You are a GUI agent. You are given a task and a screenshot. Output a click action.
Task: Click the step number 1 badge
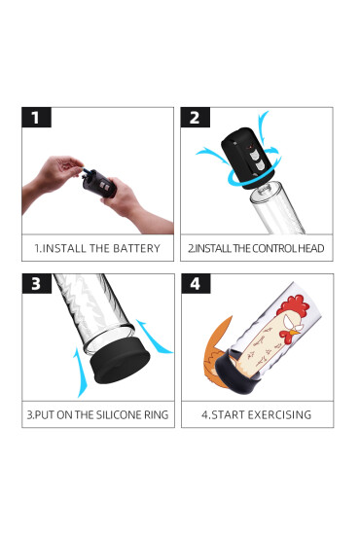click(x=36, y=119)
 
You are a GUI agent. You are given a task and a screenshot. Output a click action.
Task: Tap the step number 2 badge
click(x=194, y=119)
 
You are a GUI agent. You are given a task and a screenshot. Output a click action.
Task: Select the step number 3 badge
click(x=36, y=285)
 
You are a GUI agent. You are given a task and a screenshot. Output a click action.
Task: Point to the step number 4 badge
click(x=194, y=285)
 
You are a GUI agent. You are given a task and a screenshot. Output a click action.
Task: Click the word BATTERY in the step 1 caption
click(x=135, y=248)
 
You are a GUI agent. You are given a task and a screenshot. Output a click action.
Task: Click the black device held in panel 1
click(x=99, y=180)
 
